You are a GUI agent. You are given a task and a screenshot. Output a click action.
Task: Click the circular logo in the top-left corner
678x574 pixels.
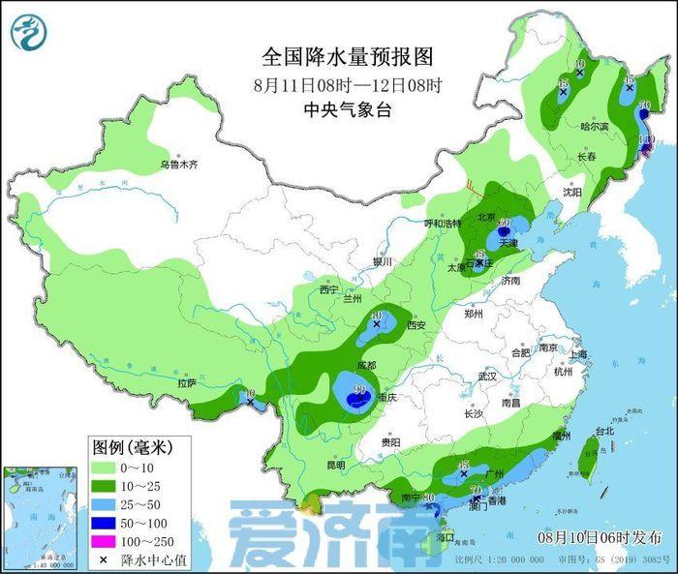[x=28, y=31]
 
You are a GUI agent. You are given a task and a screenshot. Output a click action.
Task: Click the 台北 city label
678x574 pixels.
[x=603, y=431]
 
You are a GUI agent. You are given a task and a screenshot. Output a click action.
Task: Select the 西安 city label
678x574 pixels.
[x=416, y=326]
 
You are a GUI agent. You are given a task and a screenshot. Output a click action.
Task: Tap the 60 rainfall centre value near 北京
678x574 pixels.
[x=505, y=222]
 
